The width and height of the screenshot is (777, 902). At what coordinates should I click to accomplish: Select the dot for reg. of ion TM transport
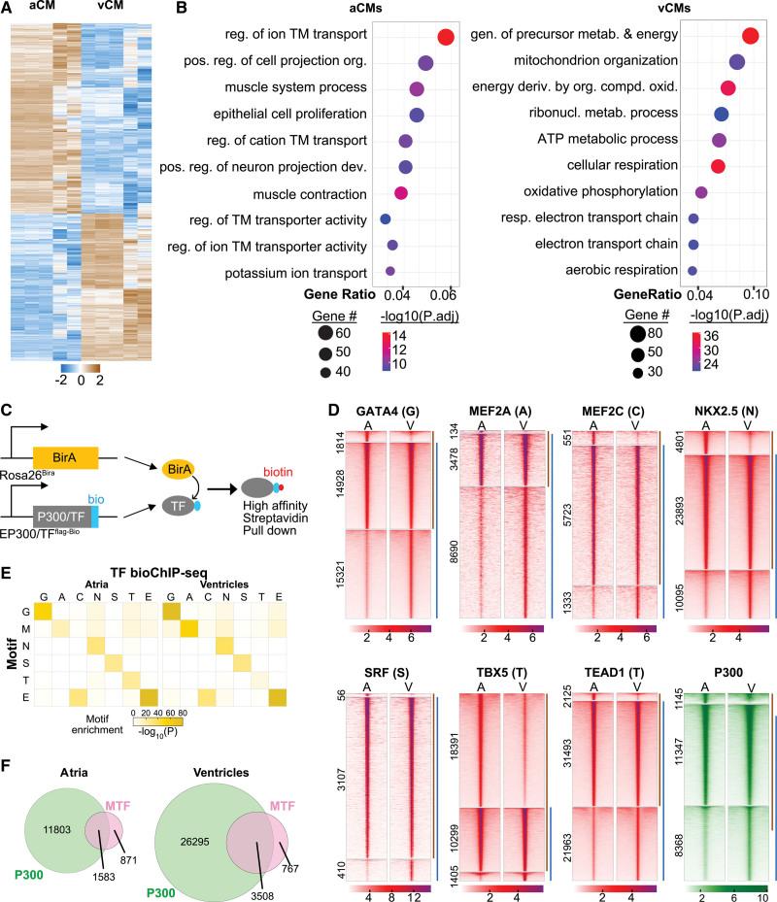pos(446,37)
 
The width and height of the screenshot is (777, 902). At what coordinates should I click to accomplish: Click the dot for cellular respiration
pos(718,166)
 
